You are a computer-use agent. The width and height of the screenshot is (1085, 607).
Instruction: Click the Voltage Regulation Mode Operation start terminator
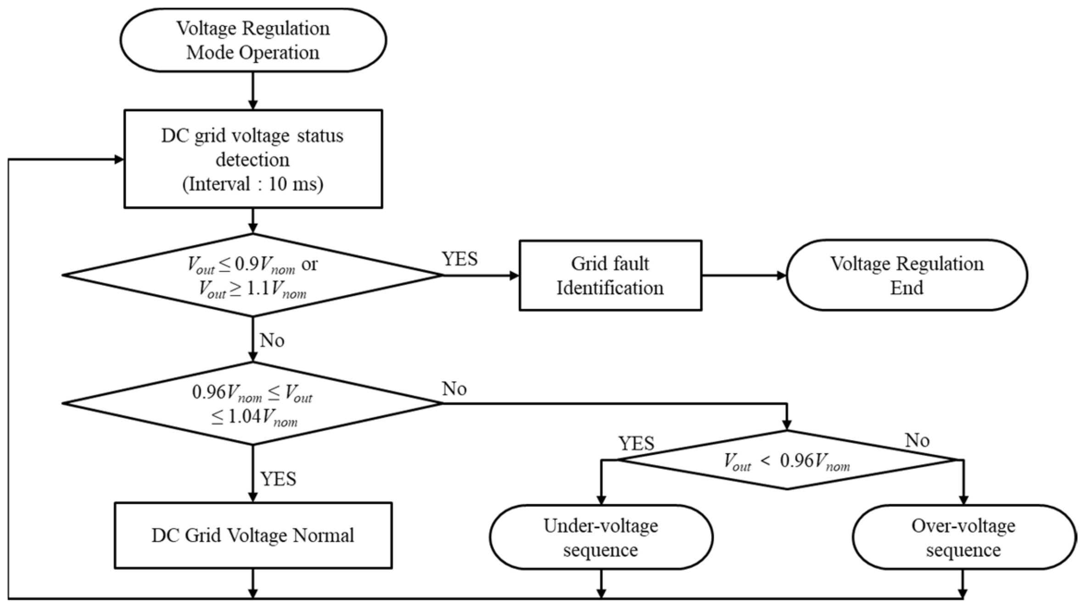pos(253,40)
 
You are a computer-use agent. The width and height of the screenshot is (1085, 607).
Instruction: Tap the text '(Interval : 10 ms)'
pos(253,184)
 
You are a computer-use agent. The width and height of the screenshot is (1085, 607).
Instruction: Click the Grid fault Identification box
pos(610,275)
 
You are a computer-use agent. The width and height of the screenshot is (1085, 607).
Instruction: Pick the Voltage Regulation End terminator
pos(906,275)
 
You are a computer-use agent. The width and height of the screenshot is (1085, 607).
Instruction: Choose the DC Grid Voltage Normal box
pos(253,535)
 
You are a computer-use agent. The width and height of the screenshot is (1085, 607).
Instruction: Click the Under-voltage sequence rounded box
pos(600,537)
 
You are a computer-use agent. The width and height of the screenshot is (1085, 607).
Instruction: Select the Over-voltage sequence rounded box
pos(963,537)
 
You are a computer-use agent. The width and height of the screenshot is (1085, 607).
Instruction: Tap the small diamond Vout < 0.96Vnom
pos(787,460)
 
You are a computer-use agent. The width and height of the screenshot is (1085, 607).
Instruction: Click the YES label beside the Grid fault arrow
pos(459,259)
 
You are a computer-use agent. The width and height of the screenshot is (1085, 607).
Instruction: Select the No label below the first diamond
pos(272,340)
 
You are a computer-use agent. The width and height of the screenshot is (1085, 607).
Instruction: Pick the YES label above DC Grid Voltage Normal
pos(278,479)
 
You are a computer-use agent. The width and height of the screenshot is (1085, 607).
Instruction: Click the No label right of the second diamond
pos(454,389)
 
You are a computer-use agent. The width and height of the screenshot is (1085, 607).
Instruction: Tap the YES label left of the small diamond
pos(636,443)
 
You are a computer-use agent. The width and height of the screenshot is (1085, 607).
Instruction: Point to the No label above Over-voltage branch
pos(917,440)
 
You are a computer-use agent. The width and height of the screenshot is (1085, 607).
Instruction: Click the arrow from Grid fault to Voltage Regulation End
pos(744,275)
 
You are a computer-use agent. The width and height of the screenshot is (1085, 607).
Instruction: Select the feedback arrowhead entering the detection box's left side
pos(118,160)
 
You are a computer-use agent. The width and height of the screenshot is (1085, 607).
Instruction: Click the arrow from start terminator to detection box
pos(252,91)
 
